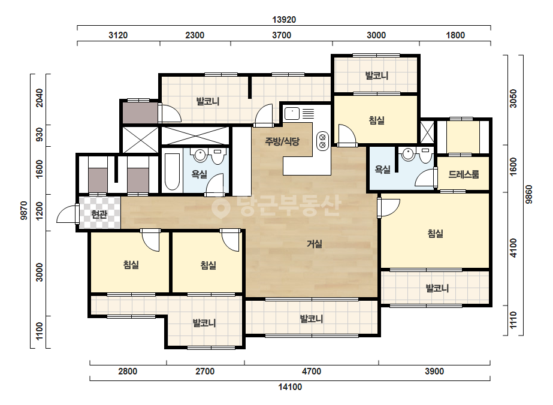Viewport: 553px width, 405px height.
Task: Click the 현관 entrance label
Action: (x=99, y=214)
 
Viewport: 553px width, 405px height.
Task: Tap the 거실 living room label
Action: (x=314, y=244)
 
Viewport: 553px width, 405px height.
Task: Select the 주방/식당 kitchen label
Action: (x=282, y=141)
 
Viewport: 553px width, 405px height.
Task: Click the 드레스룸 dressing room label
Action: (x=463, y=174)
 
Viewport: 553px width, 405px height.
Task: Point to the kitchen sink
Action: (x=292, y=114)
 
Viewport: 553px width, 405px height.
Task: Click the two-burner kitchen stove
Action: (x=322, y=141)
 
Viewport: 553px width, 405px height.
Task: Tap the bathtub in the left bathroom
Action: (x=173, y=172)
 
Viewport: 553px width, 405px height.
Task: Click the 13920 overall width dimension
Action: (x=284, y=20)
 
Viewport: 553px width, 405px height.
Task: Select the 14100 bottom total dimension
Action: (x=290, y=387)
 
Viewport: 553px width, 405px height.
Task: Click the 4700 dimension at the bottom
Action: (x=312, y=371)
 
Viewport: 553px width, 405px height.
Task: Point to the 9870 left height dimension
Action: (x=24, y=211)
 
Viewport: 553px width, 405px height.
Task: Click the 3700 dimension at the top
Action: (x=282, y=35)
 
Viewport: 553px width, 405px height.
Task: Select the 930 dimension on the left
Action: (x=40, y=134)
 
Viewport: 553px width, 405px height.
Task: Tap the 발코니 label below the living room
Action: (x=311, y=319)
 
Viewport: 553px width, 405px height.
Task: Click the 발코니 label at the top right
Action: (x=376, y=75)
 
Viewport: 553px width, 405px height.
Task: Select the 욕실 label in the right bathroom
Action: (x=383, y=170)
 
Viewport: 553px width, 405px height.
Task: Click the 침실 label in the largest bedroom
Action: (x=435, y=233)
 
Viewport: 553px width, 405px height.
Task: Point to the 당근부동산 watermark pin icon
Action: (x=220, y=207)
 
